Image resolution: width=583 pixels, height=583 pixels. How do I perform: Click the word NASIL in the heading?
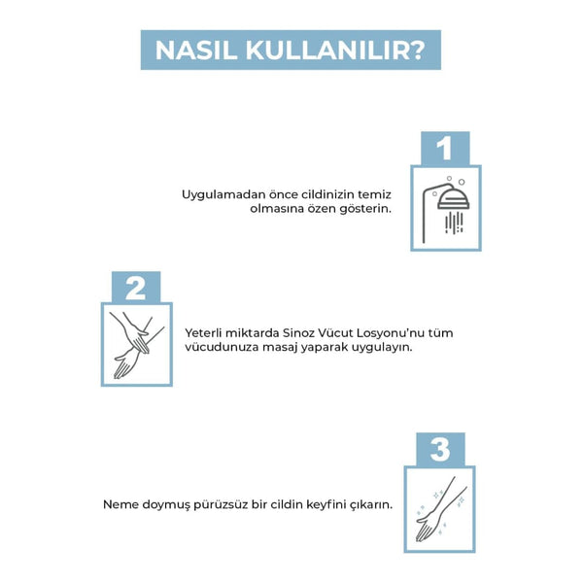196,50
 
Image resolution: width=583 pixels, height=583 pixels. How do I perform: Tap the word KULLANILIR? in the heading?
334,50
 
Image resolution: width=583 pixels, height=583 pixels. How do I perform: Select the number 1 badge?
445,149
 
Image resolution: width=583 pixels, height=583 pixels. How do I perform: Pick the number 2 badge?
136,288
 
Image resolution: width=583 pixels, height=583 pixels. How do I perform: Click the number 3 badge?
440,449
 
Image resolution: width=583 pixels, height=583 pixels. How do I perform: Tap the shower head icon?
446,209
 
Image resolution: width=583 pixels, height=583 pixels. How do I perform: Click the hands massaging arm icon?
136,345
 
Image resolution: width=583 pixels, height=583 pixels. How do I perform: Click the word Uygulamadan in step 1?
223,195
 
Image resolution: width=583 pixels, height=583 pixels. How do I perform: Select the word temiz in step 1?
374,194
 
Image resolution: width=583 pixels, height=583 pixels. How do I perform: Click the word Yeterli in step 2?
203,332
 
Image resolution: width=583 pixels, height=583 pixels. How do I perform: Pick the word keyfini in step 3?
326,505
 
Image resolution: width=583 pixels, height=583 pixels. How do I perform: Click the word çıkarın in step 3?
371,505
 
